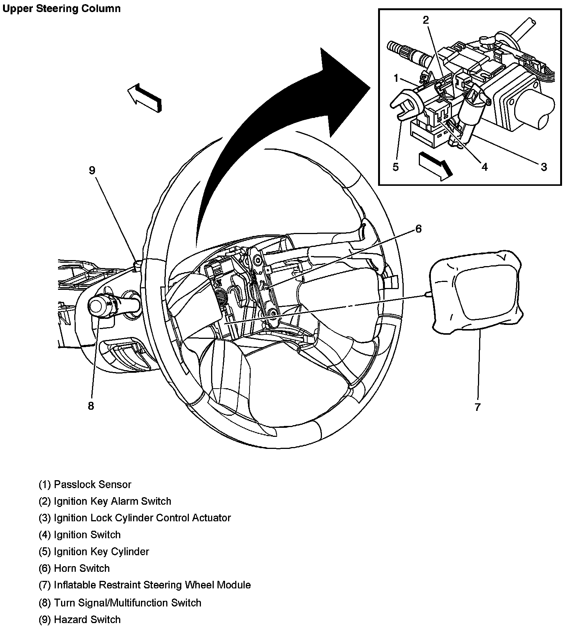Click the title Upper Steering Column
tap(61, 8)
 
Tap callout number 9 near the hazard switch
tap(92, 170)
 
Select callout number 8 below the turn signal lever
tap(91, 406)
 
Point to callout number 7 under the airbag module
tap(478, 407)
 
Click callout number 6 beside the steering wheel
tap(418, 229)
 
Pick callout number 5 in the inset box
tap(395, 167)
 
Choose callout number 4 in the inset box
tap(485, 167)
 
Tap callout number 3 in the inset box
tap(544, 167)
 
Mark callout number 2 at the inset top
tap(426, 20)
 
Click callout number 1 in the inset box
tap(396, 78)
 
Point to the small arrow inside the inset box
tap(435, 164)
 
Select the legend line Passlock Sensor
tap(85, 484)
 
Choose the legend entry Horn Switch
tap(74, 568)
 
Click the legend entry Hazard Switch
tap(80, 620)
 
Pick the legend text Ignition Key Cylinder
tap(94, 551)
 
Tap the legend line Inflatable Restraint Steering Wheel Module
tap(145, 585)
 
